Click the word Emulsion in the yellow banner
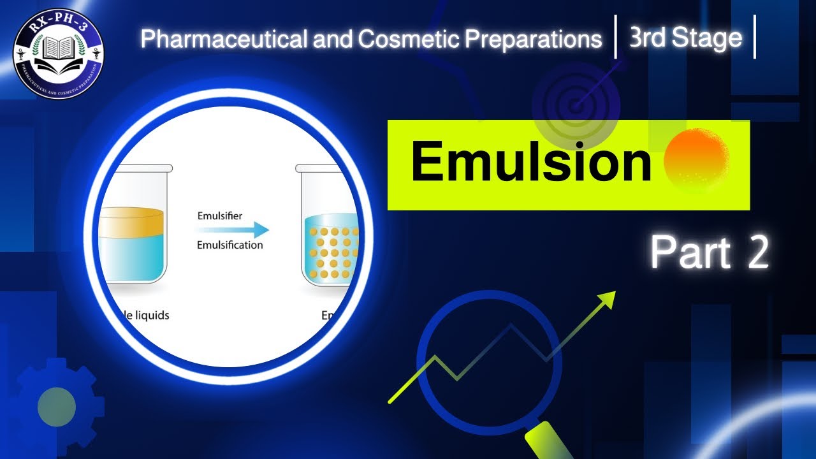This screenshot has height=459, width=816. point(530,163)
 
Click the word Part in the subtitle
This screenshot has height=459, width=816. point(690,253)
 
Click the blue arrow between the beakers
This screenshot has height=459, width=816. point(233,231)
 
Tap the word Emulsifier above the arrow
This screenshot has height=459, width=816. point(219,217)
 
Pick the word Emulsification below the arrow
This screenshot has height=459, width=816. point(229,245)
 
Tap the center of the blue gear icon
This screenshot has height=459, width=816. point(57,407)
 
